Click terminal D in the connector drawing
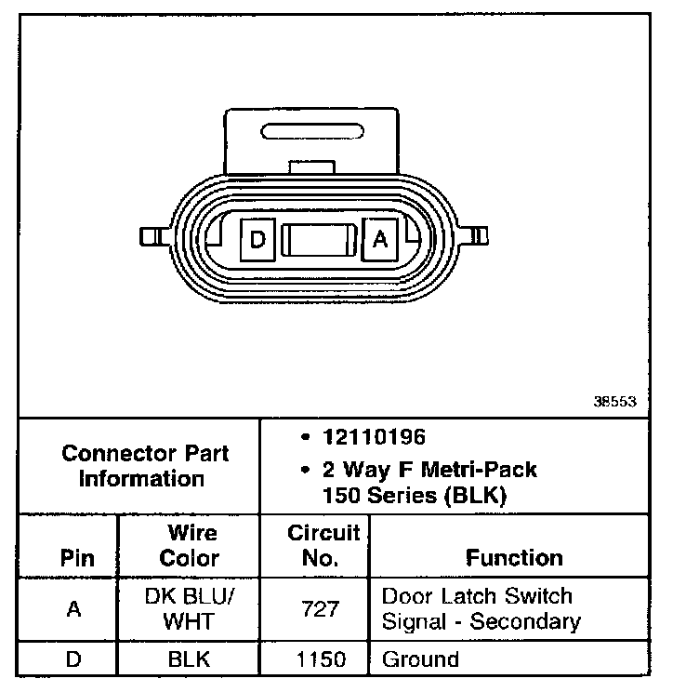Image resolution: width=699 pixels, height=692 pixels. point(258,240)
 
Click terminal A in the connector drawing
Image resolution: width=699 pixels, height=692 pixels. point(379,240)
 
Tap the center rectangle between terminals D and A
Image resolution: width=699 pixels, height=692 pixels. point(319,241)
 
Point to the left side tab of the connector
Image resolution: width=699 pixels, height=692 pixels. point(152,235)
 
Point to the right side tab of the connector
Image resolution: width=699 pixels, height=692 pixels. point(479,235)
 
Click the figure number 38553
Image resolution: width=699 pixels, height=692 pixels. point(614,403)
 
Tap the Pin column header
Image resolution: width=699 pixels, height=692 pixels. point(77,558)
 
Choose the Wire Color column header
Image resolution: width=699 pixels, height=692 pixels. point(190,546)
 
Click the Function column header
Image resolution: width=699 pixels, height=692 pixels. point(514,558)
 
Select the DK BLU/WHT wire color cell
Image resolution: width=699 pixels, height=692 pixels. point(190,608)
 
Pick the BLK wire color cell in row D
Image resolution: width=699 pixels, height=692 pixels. point(189,660)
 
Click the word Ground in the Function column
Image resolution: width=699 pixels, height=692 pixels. point(420,660)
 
